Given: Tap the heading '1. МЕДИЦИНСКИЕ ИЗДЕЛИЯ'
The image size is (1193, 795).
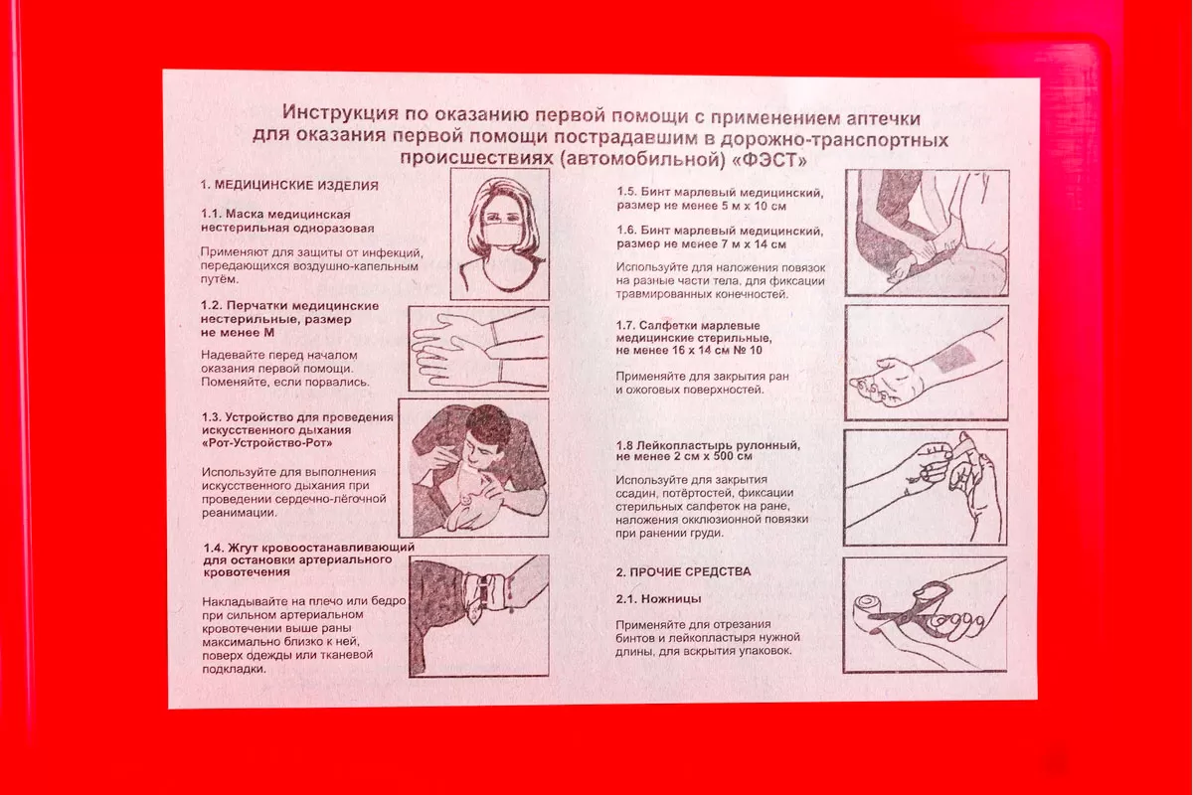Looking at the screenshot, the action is point(289,185).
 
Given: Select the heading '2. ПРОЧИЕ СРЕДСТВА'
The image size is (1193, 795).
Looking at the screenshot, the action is point(683,571).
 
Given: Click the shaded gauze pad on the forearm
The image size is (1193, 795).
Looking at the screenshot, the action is point(952,358).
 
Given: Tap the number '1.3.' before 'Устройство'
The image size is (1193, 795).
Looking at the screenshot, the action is point(212,417).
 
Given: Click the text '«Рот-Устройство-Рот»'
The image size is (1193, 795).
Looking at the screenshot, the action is point(267,443).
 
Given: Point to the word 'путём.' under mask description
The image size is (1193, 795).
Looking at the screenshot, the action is point(220,279).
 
